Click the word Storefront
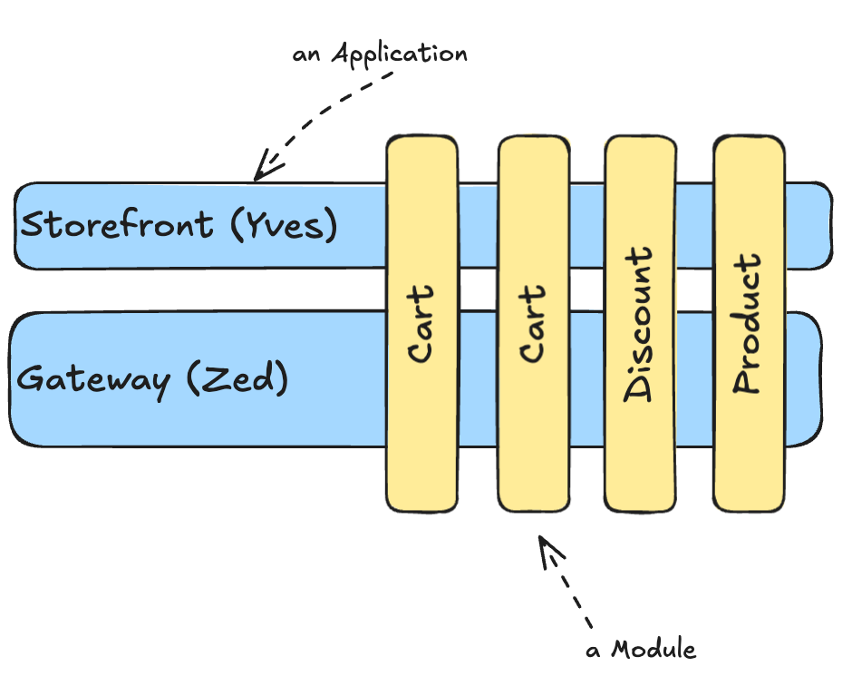[x=117, y=224]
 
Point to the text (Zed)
[x=237, y=378]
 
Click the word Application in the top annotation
[x=400, y=54]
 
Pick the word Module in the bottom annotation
[x=654, y=650]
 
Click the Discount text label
[x=639, y=322]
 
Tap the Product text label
[x=747, y=323]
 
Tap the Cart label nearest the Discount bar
[x=532, y=323]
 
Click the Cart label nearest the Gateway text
[x=421, y=323]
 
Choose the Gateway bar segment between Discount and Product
[x=693, y=379]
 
